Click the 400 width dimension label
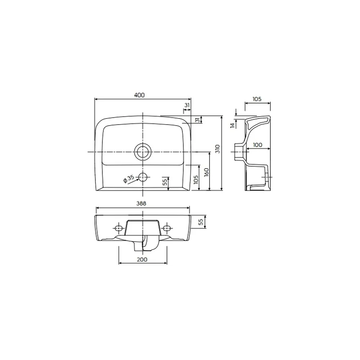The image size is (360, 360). tap(140, 95)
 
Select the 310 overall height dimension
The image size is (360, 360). tap(218, 149)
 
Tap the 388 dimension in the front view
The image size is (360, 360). tap(141, 203)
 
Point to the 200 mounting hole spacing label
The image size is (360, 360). tap(142, 260)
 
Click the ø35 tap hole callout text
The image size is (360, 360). tap(129, 179)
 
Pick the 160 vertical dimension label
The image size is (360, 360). tap(206, 172)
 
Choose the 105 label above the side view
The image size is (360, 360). tap(257, 99)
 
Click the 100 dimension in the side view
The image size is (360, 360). tap(257, 145)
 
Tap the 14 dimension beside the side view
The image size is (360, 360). tap(233, 125)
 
